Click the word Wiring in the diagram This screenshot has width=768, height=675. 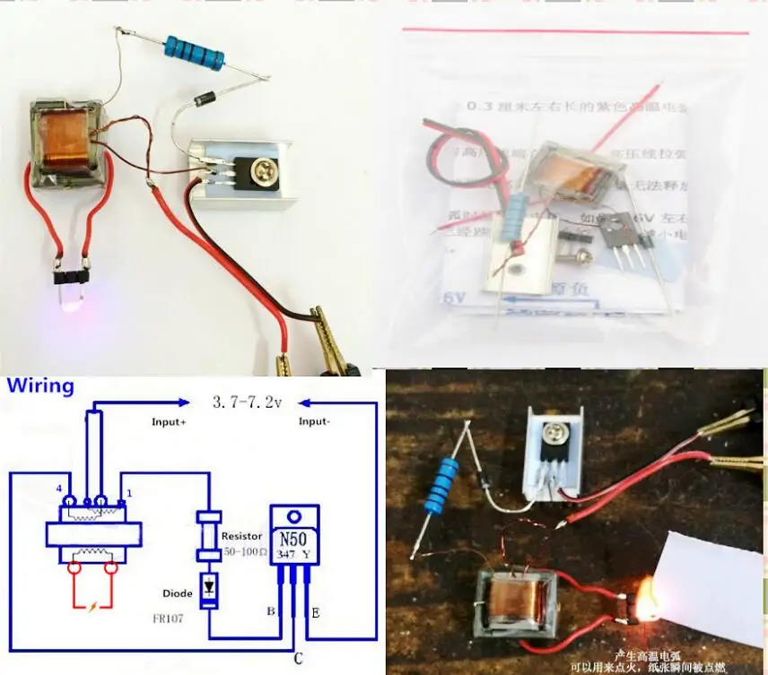click(40, 386)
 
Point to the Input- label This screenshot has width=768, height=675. click(319, 420)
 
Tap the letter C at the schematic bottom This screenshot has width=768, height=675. click(295, 659)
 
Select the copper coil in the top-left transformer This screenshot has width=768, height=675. click(68, 139)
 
